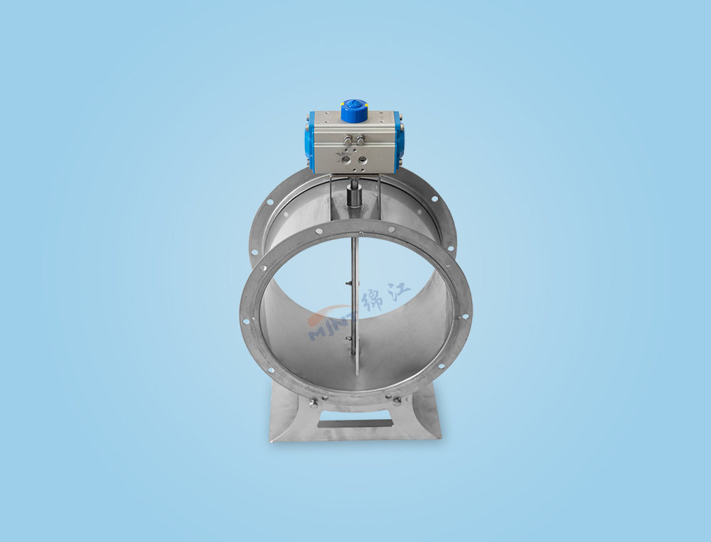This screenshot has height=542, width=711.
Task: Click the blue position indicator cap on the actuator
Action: pyautogui.click(x=353, y=111)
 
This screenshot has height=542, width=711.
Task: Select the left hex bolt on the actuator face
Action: pyautogui.click(x=348, y=139)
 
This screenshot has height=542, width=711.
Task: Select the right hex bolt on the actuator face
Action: pyautogui.click(x=361, y=139)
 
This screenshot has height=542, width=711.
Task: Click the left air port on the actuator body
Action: pyautogui.click(x=347, y=159)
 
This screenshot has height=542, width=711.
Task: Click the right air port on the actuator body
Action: pyautogui.click(x=363, y=159)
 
